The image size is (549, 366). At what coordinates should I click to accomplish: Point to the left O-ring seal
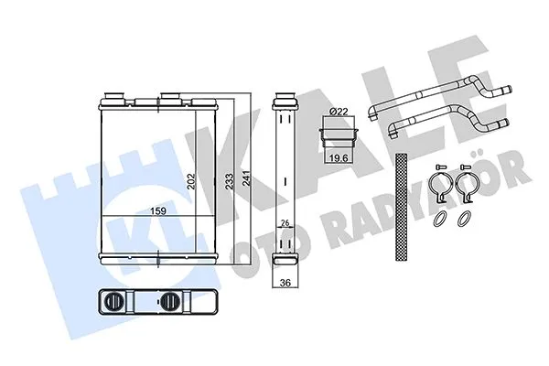440,219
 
